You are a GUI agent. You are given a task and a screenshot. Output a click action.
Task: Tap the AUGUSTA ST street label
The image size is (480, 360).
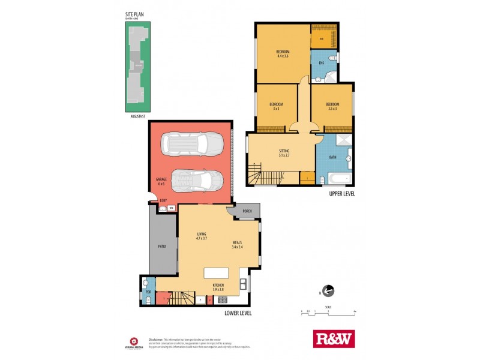pyautogui.click(x=137, y=117)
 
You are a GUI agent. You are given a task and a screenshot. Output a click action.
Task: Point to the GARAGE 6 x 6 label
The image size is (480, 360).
pyautogui.click(x=161, y=181)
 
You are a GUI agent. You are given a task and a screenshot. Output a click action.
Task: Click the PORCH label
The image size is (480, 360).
pyautogui.click(x=247, y=211)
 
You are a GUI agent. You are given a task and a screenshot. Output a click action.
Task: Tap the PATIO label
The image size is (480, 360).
pyautogui.click(x=162, y=246)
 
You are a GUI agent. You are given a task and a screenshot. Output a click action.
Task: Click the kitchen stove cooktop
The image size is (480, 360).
pyautogui.click(x=222, y=299)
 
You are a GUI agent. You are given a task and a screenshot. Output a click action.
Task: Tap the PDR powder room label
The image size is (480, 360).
pyautogui.click(x=148, y=293)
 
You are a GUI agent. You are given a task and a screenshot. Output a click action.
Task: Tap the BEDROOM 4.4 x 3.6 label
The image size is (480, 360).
pyautogui.click(x=282, y=53)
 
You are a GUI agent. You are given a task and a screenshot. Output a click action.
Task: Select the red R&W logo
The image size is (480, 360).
pyautogui.click(x=334, y=338)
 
